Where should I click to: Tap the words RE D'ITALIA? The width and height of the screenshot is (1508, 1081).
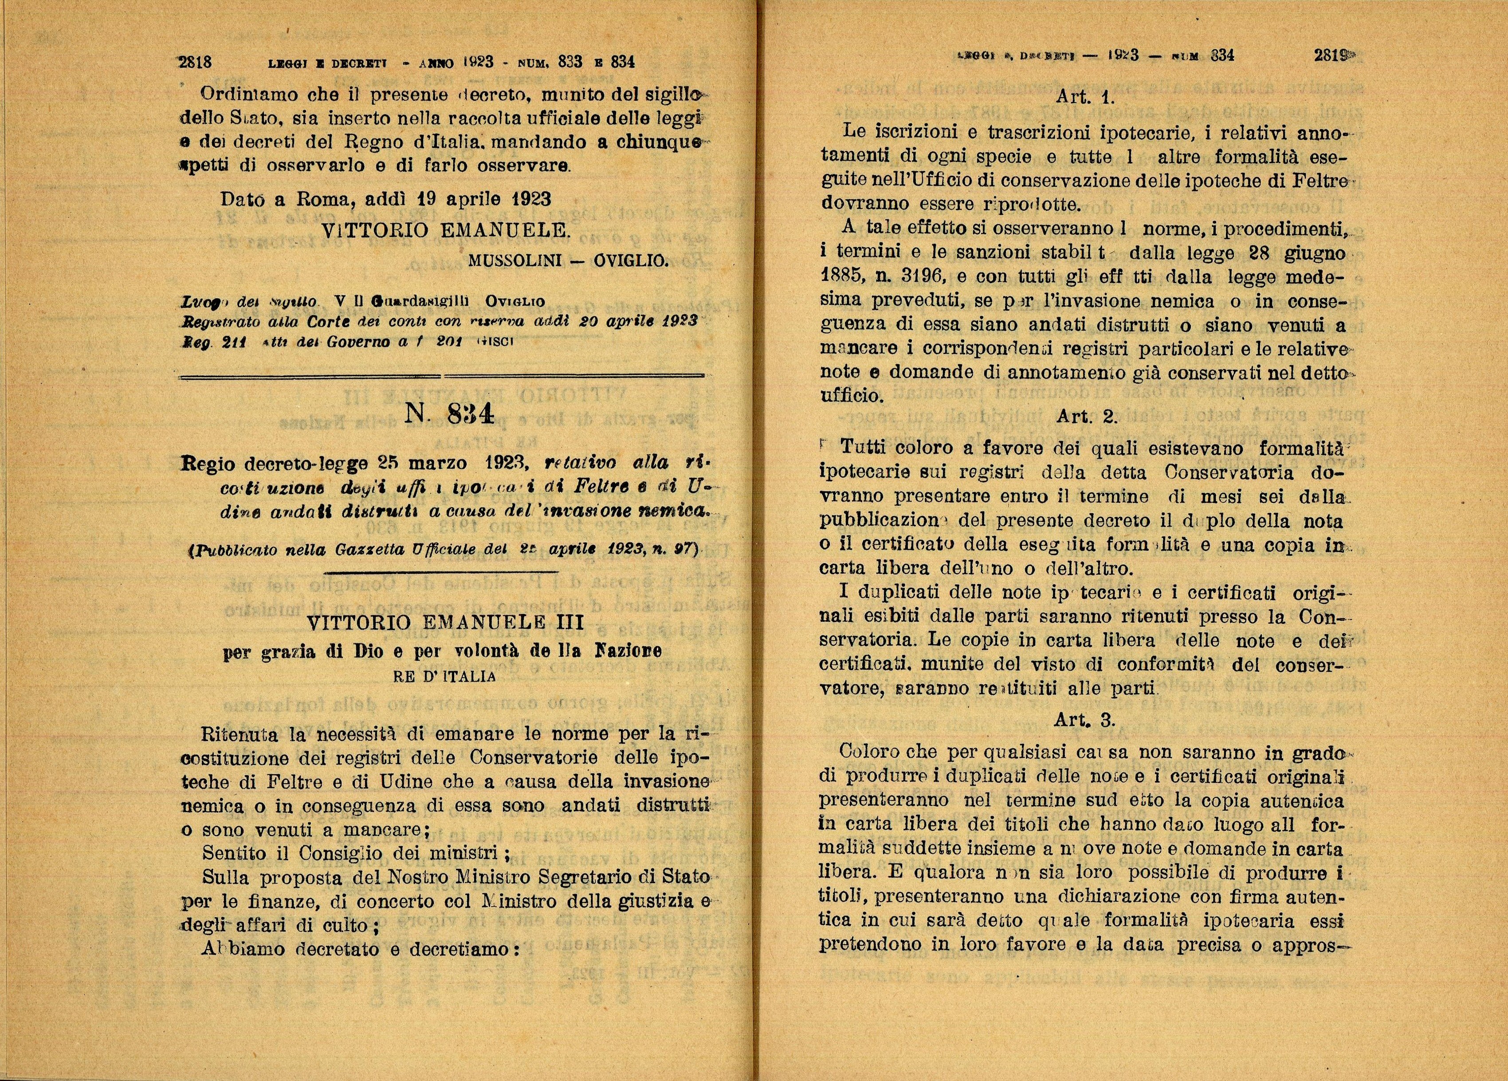tap(445, 677)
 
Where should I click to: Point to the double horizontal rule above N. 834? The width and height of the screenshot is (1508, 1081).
tap(442, 376)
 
